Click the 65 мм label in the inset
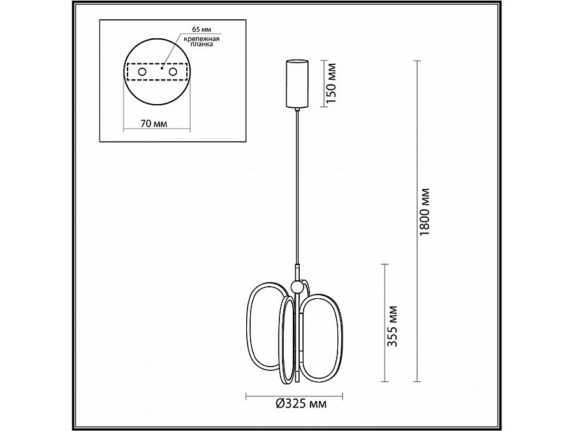coord(202,29)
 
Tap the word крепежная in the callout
coord(202,38)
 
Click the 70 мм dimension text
coord(154,124)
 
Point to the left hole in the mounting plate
coord(142,72)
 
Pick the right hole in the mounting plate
coord(173,72)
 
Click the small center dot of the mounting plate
coord(161,68)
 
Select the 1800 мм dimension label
coord(425,212)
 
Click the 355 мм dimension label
coord(393,326)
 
